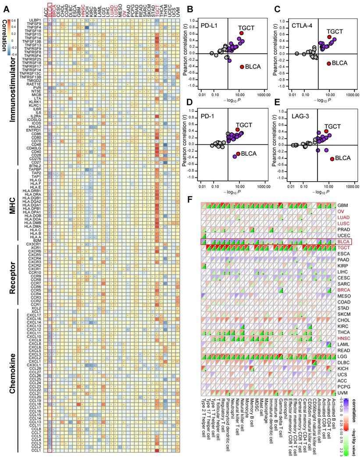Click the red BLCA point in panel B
click(242, 67)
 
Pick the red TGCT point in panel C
click(329, 37)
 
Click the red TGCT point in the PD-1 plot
click(238, 130)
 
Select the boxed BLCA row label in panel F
click(342, 241)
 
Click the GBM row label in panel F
click(342, 205)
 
